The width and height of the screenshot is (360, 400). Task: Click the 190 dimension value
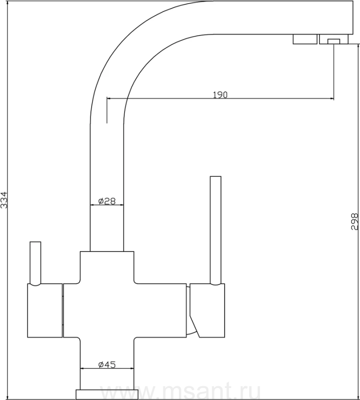220,95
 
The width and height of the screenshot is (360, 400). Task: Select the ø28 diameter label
107,201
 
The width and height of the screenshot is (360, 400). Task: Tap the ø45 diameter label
107,365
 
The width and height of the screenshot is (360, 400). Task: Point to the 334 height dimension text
4,200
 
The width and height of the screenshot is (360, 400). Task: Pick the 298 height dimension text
355,221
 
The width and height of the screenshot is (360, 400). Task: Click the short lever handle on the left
35,263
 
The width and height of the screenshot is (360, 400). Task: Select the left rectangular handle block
44,310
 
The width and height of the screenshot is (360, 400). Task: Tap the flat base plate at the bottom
107,394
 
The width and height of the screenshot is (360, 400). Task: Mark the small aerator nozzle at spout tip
334,41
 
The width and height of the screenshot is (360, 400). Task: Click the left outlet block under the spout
305,39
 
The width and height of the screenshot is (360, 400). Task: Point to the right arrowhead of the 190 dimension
332,98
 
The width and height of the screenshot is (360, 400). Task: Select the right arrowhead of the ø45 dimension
132,368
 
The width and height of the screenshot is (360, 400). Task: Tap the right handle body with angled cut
207,310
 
